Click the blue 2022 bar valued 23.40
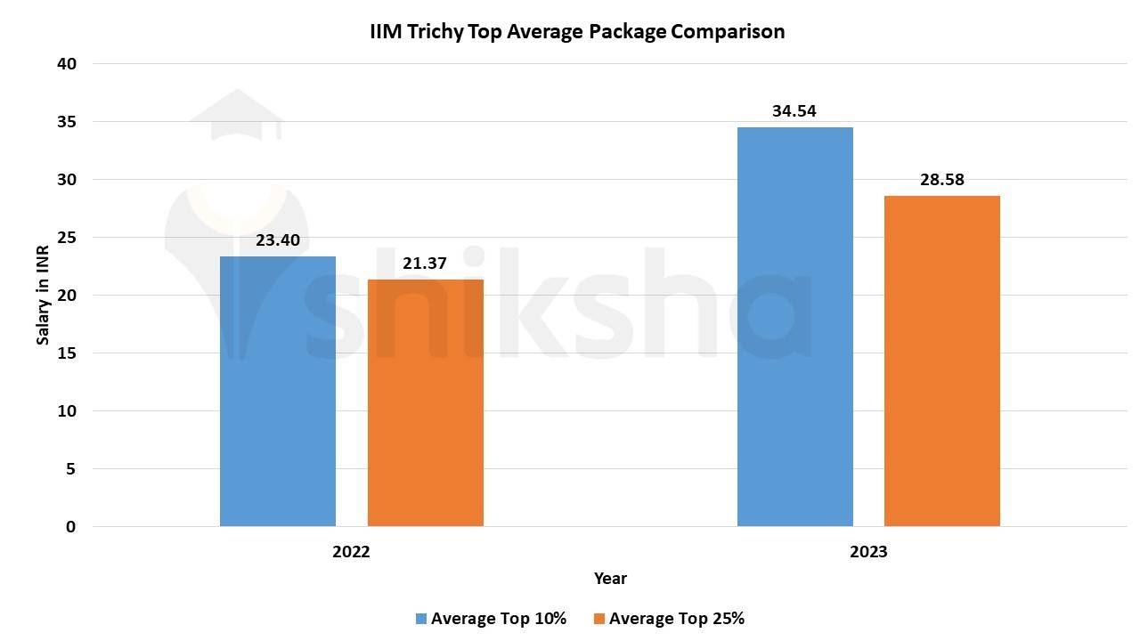tap(278, 392)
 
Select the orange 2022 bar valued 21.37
tap(426, 402)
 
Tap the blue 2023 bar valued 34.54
tap(795, 327)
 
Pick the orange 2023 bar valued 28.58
tap(942, 361)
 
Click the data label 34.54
tap(794, 111)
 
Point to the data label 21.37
tap(425, 264)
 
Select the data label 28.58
tap(942, 180)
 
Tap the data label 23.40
tap(278, 239)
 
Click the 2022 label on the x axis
tap(351, 552)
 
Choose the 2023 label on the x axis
tap(868, 552)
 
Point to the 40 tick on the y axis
tap(68, 64)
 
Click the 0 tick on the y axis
tap(71, 527)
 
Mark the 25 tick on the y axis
tap(68, 238)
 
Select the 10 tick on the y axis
tap(68, 411)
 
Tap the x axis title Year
tap(610, 579)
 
